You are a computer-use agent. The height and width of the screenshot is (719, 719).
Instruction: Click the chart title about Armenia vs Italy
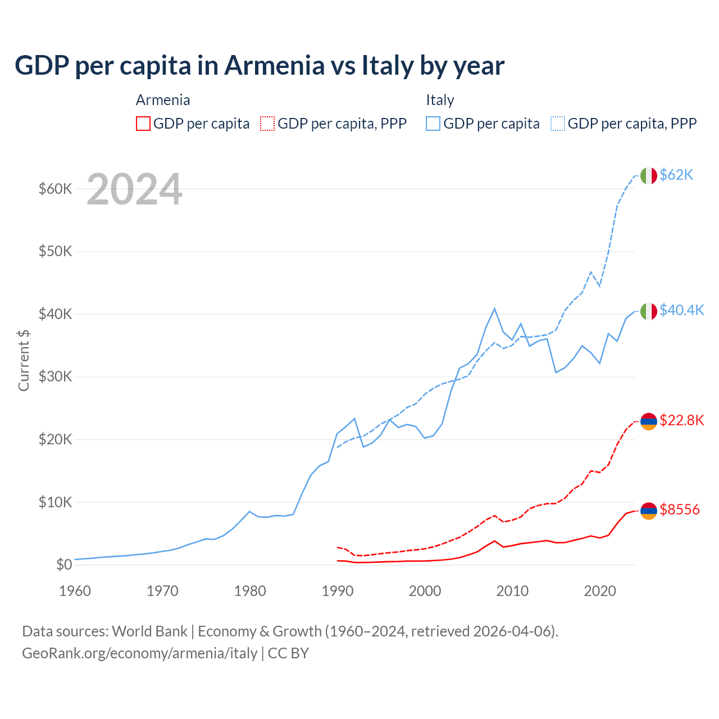tap(260, 66)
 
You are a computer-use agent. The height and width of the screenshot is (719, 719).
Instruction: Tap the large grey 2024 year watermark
tap(134, 189)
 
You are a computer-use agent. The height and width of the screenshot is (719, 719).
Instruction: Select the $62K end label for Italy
tap(676, 175)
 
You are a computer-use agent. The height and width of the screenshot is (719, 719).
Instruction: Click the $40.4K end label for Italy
tap(681, 310)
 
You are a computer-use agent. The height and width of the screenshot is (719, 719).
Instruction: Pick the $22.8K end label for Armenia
tap(681, 420)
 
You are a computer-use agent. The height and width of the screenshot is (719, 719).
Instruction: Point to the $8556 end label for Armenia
tap(679, 509)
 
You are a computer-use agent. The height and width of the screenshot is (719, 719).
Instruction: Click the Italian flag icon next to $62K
tap(648, 176)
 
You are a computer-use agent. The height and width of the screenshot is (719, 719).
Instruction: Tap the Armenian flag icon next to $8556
tap(648, 511)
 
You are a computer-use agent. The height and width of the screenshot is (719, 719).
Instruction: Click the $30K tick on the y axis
tap(55, 376)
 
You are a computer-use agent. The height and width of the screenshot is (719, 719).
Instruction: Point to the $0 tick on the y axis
tap(64, 565)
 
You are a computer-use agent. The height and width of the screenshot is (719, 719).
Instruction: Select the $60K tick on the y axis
tap(55, 189)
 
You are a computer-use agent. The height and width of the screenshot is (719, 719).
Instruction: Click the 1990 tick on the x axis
tap(337, 591)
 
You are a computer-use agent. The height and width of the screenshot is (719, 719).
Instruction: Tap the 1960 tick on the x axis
tap(75, 591)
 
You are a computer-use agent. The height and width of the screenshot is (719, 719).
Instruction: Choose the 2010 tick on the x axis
tap(512, 591)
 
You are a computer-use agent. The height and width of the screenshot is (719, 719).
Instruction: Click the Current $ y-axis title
tap(24, 360)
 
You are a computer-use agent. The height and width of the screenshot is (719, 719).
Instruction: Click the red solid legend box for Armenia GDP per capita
tap(143, 124)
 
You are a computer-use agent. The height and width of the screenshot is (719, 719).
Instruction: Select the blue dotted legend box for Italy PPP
tap(558, 124)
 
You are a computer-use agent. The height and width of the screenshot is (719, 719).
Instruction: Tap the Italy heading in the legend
tap(440, 100)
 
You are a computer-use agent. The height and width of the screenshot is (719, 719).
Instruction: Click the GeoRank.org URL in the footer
tap(139, 653)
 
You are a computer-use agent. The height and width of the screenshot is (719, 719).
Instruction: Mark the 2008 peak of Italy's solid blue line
tap(494, 308)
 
